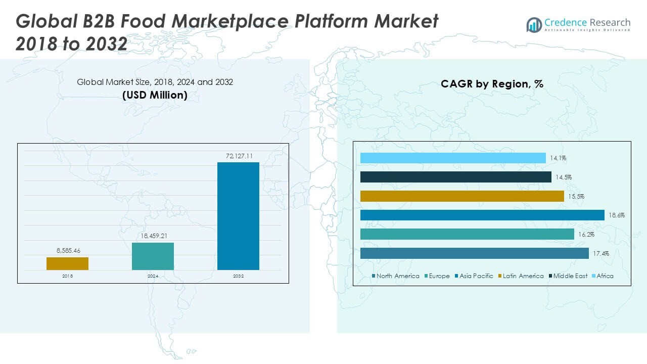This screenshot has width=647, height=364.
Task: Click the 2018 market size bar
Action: [x=67, y=263]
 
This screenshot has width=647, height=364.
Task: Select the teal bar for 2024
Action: [x=153, y=256]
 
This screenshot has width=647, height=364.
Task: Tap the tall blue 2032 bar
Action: [x=238, y=216]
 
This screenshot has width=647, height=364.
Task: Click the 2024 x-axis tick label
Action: [x=153, y=276]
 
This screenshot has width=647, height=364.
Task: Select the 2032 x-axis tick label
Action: [x=238, y=276]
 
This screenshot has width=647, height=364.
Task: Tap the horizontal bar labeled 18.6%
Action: [x=482, y=215]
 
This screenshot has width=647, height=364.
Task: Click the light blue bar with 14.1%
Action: [x=453, y=158]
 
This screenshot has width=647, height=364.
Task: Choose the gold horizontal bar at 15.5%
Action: [x=462, y=196]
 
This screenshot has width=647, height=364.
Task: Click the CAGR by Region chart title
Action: [x=492, y=84]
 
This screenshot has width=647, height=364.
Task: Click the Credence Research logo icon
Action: [x=534, y=25]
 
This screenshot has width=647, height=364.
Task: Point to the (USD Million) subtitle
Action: [x=155, y=95]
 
